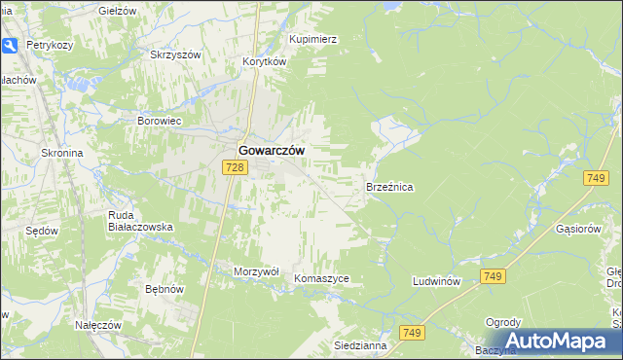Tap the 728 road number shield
[x=234, y=168]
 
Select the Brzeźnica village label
[x=389, y=186]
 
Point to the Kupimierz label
[x=312, y=39]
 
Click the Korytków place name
[x=264, y=60]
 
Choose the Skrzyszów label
[x=175, y=54]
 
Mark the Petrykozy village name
[x=52, y=45]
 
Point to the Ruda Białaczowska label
[x=140, y=221]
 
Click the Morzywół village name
[x=257, y=271]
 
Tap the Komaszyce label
[x=321, y=278]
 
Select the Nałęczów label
[x=97, y=324]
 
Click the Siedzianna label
[x=360, y=345]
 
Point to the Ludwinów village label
[x=435, y=281]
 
